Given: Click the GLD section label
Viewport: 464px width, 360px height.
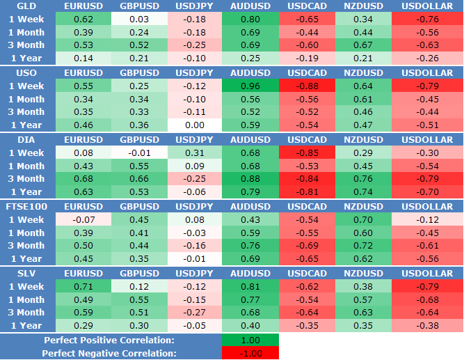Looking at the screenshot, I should pyautogui.click(x=17, y=6).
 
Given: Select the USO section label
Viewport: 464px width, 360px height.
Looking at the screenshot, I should pyautogui.click(x=18, y=73).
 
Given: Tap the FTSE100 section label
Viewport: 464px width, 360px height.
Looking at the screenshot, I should pyautogui.click(x=26, y=207).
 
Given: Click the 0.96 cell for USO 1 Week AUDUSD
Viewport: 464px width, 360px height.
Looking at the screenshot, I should pyautogui.click(x=250, y=86).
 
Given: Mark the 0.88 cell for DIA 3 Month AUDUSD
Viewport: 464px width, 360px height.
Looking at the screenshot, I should pyautogui.click(x=250, y=179).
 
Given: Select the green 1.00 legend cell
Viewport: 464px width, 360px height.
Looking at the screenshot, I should pyautogui.click(x=250, y=340).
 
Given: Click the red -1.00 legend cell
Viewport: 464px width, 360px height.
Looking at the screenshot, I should pyautogui.click(x=250, y=353).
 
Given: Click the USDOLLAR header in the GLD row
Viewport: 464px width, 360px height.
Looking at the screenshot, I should pyautogui.click(x=427, y=6).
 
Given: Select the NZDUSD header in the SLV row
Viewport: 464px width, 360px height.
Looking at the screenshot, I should pyautogui.click(x=363, y=274).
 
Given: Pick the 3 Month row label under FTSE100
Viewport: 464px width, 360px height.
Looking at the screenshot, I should pyautogui.click(x=26, y=246).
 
